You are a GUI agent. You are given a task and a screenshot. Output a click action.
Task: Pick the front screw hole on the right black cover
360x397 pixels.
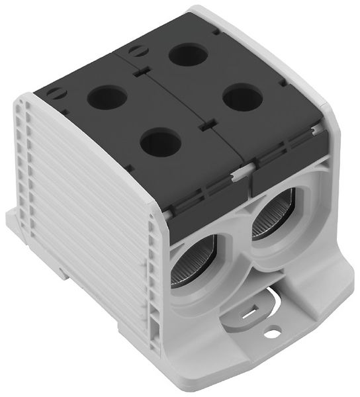(x=241, y=99)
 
